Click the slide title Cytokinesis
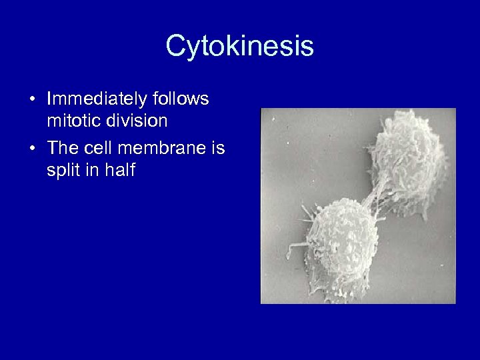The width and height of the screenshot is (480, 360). tap(239, 47)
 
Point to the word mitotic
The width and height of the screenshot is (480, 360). tap(71, 122)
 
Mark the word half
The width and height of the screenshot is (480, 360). tap(121, 171)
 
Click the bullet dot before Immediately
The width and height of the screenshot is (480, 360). tap(33, 100)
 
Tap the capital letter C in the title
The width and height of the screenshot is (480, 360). tap(175, 47)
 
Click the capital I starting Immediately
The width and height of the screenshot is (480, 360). tap(49, 99)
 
